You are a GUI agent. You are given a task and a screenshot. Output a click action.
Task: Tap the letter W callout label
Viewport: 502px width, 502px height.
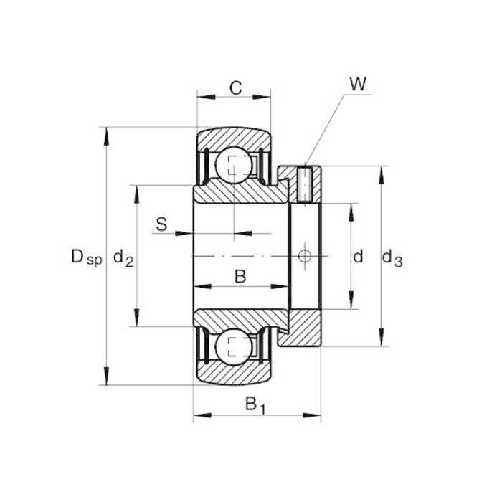pyautogui.click(x=359, y=84)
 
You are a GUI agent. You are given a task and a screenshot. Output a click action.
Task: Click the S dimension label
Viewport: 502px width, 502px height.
pyautogui.click(x=161, y=224)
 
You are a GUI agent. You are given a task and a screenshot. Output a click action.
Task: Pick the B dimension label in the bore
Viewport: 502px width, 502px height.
pyautogui.click(x=240, y=275)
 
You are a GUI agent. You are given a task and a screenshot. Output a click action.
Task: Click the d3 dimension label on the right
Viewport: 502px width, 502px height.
pyautogui.click(x=392, y=257)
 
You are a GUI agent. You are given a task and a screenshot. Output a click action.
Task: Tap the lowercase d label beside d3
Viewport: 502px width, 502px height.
pyautogui.click(x=359, y=256)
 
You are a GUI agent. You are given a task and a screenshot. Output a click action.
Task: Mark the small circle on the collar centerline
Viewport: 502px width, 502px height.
pyautogui.click(x=305, y=256)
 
